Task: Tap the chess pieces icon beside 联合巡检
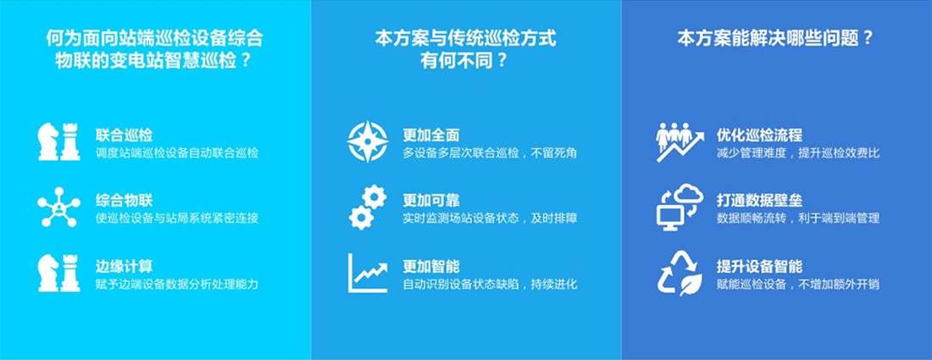coord(58,141)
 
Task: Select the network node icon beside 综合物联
coord(58,207)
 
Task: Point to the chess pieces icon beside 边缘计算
coord(58,272)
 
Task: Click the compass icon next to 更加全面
coord(368,141)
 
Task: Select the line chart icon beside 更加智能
coord(368,273)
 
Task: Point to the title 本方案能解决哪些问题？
coord(775,39)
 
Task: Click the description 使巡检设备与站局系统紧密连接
coord(177,219)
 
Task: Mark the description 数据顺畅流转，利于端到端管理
coord(798,219)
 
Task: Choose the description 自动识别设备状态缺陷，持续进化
coord(490,284)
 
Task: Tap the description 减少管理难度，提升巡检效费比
coord(798,153)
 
